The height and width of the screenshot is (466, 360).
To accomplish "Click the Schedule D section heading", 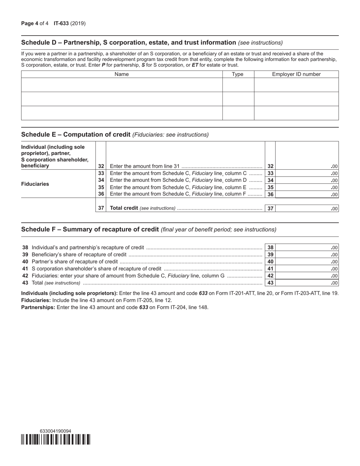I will coord(129,42).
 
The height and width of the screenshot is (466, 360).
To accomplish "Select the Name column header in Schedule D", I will coord(121,74).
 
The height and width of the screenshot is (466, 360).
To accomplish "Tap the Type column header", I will coord(238,74).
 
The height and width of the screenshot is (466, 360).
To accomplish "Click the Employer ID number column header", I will coord(296,74).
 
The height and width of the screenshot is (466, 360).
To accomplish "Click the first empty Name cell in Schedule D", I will coord(121,85).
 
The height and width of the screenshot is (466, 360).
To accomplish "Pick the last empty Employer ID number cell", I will coord(296,113).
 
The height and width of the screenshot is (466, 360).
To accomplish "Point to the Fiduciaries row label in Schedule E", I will coord(35,184).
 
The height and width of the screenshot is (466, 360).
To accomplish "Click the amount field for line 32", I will coord(307,166).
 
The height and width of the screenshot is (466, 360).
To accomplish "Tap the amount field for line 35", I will coord(307,187).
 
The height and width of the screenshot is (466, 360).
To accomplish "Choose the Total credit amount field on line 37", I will coord(307,208).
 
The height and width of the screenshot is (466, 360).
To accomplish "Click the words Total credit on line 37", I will coord(124,208).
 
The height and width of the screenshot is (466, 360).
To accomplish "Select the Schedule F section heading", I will coord(90,229).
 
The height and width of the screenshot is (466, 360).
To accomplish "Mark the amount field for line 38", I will coord(308,247).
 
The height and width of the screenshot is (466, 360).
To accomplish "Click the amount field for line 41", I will coord(308,269).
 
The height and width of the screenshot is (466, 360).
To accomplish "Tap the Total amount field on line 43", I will coord(308,283).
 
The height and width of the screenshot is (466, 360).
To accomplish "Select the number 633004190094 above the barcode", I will coord(55,431).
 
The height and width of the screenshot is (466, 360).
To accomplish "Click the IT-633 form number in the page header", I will coord(61,23).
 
